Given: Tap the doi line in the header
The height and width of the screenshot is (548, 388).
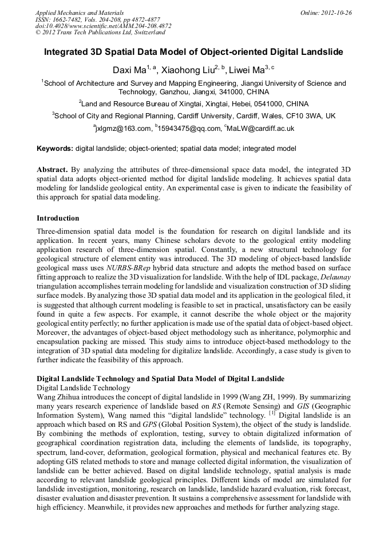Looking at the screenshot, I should pos(103,26).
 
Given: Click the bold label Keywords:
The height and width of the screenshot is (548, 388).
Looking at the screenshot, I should pos(55,149).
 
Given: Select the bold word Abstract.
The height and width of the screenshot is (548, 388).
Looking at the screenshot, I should pos(52,170).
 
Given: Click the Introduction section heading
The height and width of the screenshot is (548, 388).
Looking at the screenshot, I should pos(58,218).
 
